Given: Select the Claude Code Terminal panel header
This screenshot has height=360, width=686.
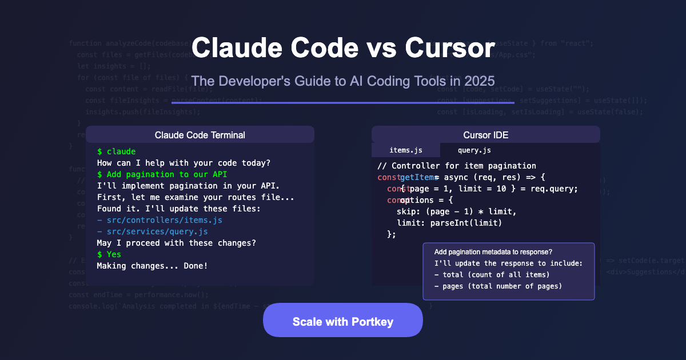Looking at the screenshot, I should click(200, 135).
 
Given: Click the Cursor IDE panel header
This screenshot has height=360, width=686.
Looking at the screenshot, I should click(486, 135).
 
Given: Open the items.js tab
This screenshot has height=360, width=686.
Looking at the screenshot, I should click(406, 150).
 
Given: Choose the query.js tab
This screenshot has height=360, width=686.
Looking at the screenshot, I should click(474, 150).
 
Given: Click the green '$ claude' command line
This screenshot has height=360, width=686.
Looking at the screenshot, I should click(117, 151).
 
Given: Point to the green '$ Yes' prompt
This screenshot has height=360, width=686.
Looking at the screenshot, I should click(109, 254).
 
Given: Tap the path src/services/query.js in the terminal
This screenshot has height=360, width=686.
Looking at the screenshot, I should click(151, 231).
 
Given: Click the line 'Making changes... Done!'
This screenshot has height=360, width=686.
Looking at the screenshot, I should click(152, 266).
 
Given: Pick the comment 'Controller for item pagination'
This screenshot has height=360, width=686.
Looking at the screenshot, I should click(457, 166).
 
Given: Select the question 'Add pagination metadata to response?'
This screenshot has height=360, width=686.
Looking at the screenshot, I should click(493, 252).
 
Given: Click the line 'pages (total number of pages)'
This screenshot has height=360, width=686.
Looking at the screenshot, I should click(498, 286).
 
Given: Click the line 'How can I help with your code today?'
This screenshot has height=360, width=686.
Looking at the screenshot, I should click(184, 163).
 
